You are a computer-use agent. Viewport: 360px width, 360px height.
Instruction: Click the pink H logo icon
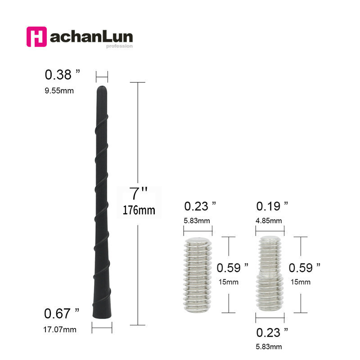click(x=36, y=37)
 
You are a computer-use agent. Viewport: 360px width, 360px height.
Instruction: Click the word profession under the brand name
click(x=119, y=46)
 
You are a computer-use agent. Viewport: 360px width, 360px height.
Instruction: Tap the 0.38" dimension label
click(x=63, y=75)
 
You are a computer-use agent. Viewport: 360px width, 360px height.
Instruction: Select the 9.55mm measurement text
click(x=59, y=91)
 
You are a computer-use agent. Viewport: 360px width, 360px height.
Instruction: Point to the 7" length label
click(x=138, y=193)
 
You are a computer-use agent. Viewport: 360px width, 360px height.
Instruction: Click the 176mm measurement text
click(x=139, y=210)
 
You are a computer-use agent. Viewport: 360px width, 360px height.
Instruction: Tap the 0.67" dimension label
click(x=62, y=313)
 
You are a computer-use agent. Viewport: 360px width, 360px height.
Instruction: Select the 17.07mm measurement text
click(x=60, y=330)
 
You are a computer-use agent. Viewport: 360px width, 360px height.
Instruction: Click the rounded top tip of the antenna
click(x=102, y=88)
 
